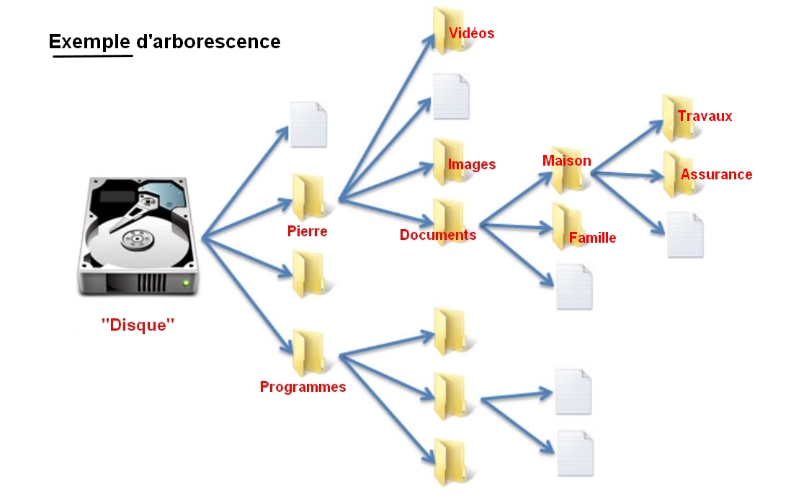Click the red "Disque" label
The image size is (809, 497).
[x=138, y=325]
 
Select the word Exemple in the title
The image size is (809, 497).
[x=90, y=42]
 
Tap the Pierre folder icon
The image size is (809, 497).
[x=308, y=197]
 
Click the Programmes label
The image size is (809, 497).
[x=303, y=387]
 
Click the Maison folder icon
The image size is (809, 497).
[x=566, y=170]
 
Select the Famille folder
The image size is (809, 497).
[x=567, y=226]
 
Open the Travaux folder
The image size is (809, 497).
[x=677, y=117]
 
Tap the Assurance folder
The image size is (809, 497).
[x=677, y=174]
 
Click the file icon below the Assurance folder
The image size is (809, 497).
[x=684, y=235]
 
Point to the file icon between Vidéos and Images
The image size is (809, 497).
[x=451, y=97]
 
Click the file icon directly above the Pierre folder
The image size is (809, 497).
[x=308, y=125]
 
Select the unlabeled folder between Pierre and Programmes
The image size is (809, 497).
[x=308, y=274]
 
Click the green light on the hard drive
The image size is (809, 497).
[x=187, y=282]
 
